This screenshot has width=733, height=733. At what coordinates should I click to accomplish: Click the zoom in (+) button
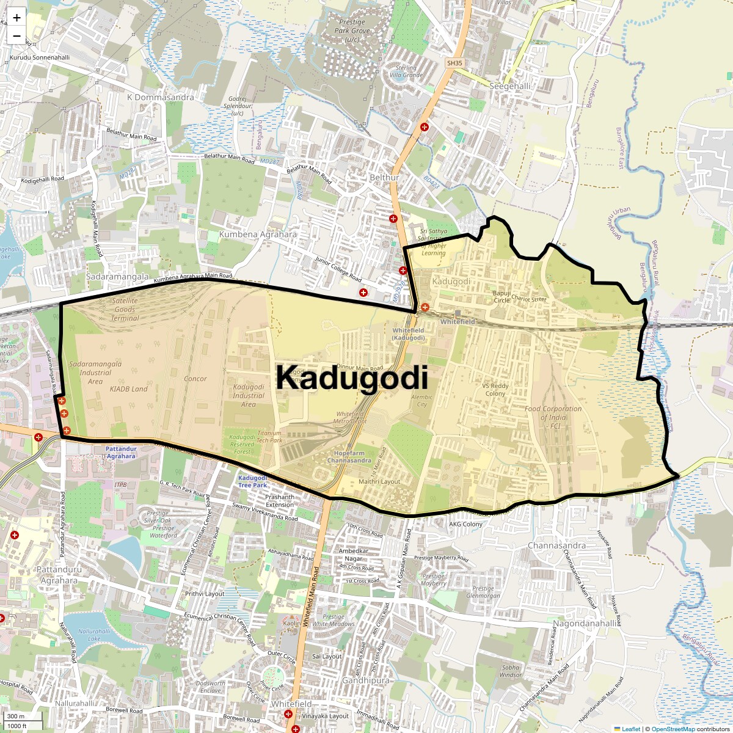(16, 18)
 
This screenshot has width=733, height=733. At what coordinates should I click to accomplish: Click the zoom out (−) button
(16, 36)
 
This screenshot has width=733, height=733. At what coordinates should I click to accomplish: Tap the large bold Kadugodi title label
(351, 378)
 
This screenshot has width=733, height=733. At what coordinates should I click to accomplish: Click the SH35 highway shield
(454, 63)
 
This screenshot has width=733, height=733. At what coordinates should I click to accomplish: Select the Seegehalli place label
(510, 86)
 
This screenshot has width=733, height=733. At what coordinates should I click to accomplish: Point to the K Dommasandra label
(160, 97)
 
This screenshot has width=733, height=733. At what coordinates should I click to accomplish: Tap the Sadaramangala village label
(117, 277)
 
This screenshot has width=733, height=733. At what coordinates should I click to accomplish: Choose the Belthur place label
(384, 178)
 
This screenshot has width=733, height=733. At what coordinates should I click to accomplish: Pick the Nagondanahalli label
(585, 623)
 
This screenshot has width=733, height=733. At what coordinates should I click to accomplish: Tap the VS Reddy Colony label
(495, 390)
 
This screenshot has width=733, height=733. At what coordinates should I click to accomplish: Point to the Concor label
(195, 379)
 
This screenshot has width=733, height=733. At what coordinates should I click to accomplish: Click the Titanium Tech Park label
(269, 436)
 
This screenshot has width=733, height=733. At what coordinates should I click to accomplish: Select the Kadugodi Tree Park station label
(253, 481)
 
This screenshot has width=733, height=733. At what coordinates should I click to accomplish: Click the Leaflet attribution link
(631, 729)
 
